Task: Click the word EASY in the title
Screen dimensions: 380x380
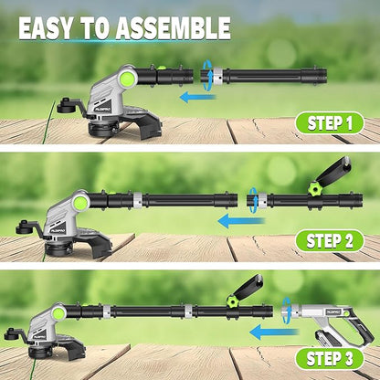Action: click(46, 26)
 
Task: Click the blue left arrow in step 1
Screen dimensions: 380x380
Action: click(197, 95)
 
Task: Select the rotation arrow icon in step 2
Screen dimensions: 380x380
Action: click(253, 195)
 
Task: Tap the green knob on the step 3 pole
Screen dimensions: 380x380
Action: click(232, 300)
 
